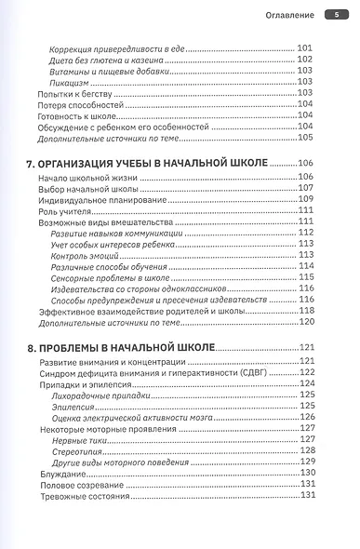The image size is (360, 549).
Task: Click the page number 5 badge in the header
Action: click(336, 14)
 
